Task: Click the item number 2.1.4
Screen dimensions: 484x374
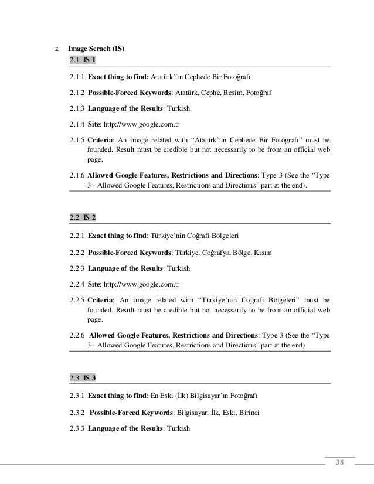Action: pyautogui.click(x=77, y=124)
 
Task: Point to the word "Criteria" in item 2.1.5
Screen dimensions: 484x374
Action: pyautogui.click(x=101, y=141)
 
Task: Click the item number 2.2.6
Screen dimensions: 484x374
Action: pyautogui.click(x=77, y=335)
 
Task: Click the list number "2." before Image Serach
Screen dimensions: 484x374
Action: pyautogui.click(x=56, y=49)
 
